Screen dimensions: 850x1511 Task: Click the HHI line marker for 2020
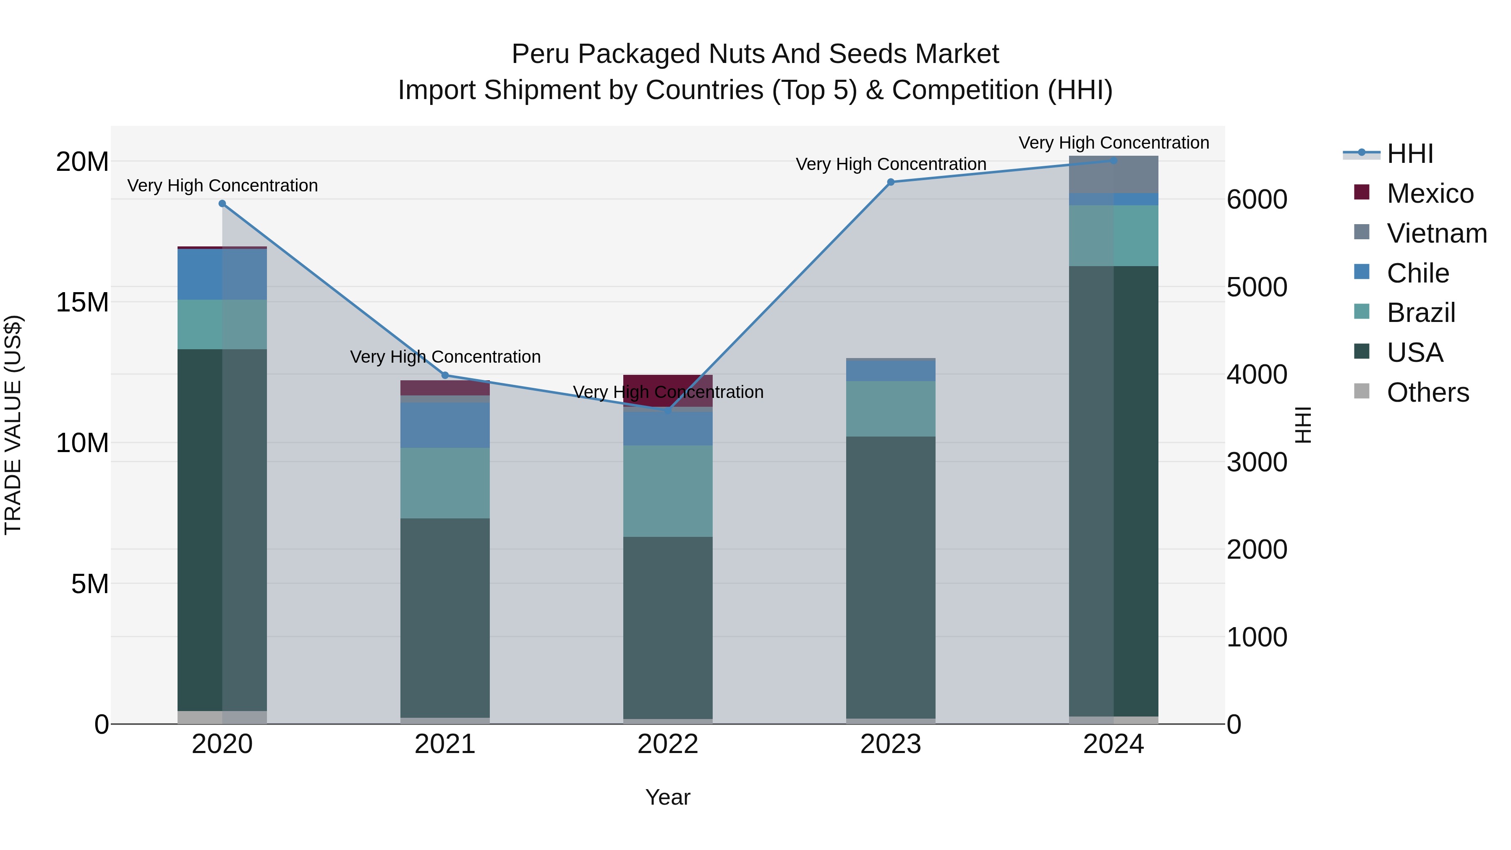pyautogui.click(x=222, y=204)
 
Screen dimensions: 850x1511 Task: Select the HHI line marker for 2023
pyautogui.click(x=890, y=182)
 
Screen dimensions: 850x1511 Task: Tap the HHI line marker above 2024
pyautogui.click(x=1113, y=161)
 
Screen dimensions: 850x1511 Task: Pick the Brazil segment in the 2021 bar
pyautogui.click(x=444, y=483)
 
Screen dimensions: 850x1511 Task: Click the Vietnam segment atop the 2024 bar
pyautogui.click(x=1113, y=175)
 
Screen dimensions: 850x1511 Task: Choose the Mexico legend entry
pyautogui.click(x=1430, y=194)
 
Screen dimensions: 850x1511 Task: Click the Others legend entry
pyautogui.click(x=1427, y=392)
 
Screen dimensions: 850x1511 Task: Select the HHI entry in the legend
pyautogui.click(x=1409, y=154)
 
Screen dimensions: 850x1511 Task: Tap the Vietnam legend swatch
pyautogui.click(x=1362, y=232)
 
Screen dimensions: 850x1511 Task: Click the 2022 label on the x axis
pyautogui.click(x=667, y=744)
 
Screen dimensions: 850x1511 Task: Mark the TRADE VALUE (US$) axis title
pyautogui.click(x=13, y=425)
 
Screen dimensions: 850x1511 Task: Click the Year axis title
pyautogui.click(x=667, y=797)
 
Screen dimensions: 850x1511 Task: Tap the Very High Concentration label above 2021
pyautogui.click(x=444, y=357)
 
